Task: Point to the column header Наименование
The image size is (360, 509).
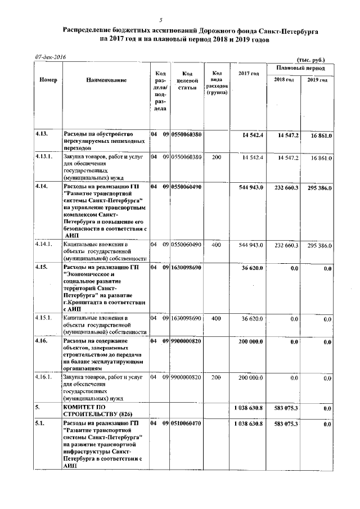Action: coord(106,80)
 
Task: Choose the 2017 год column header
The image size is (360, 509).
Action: coord(248,74)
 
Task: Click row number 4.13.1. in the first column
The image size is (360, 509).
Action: coord(45,157)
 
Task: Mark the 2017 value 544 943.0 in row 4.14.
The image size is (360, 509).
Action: coord(250,186)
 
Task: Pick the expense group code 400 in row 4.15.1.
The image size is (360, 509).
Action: coord(216,318)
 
